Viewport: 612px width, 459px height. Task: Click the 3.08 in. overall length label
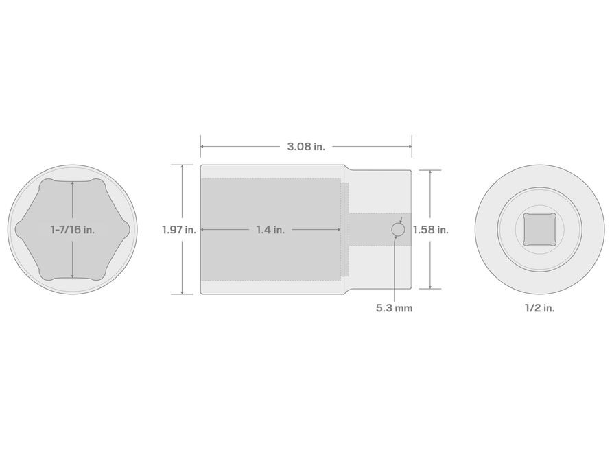point(306,147)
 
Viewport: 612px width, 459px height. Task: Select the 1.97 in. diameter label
point(179,229)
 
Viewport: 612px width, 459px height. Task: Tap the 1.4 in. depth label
point(270,229)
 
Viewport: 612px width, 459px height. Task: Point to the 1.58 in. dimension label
point(431,229)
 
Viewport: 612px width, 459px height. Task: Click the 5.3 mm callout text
point(395,308)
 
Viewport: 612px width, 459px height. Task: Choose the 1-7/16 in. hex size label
point(73,229)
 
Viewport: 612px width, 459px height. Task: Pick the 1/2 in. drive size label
point(539,308)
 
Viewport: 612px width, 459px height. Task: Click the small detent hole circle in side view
point(398,229)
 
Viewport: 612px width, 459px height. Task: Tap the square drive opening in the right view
point(539,229)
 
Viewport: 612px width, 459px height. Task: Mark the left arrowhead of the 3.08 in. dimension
point(202,146)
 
